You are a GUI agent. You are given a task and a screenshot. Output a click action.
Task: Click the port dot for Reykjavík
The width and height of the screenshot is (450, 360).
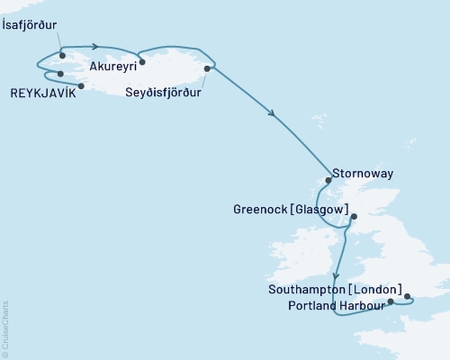coord(81,86)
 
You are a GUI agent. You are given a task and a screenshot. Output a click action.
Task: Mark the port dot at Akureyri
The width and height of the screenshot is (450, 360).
coord(141,62)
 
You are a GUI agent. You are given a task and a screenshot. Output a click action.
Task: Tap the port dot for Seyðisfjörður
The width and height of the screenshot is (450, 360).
coord(208,68)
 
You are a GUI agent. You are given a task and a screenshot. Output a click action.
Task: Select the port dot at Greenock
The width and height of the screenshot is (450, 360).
coord(353,217)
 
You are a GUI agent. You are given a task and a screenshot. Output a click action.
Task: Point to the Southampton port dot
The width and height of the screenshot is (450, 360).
coord(406,295)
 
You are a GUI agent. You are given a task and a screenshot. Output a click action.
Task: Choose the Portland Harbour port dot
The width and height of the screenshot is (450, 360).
coord(390,302)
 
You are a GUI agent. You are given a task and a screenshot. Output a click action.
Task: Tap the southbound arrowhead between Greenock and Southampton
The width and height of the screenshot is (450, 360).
coord(336,276)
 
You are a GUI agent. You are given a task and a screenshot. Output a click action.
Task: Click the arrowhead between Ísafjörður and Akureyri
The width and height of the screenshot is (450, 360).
coord(95,46)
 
